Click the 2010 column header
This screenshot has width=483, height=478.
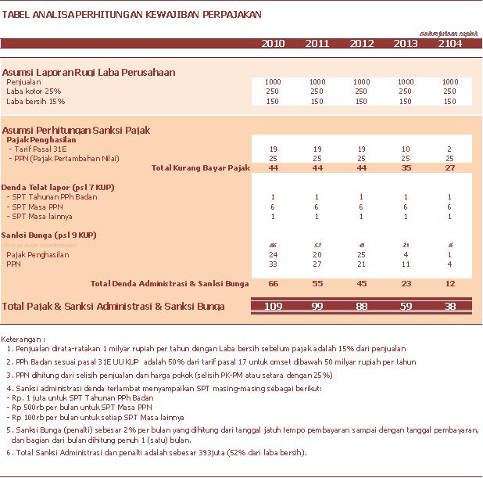273,43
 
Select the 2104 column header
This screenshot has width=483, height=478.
450,43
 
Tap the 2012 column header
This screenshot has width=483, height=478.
362,43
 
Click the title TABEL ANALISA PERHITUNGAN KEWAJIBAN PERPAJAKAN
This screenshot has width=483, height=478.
133,15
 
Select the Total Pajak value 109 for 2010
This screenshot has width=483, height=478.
273,306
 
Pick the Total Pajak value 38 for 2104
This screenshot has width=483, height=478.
450,306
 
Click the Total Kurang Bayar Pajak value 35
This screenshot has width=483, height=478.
406,167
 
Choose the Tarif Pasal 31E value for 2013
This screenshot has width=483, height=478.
406,149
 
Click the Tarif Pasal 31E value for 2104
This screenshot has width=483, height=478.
450,149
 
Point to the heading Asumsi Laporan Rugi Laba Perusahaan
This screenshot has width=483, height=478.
88,72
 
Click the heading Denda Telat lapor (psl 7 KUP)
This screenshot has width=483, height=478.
48,187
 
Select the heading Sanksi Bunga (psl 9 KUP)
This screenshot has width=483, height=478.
48,235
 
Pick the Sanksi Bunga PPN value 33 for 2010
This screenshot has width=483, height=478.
274,264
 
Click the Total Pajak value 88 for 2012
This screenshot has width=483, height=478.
362,306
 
